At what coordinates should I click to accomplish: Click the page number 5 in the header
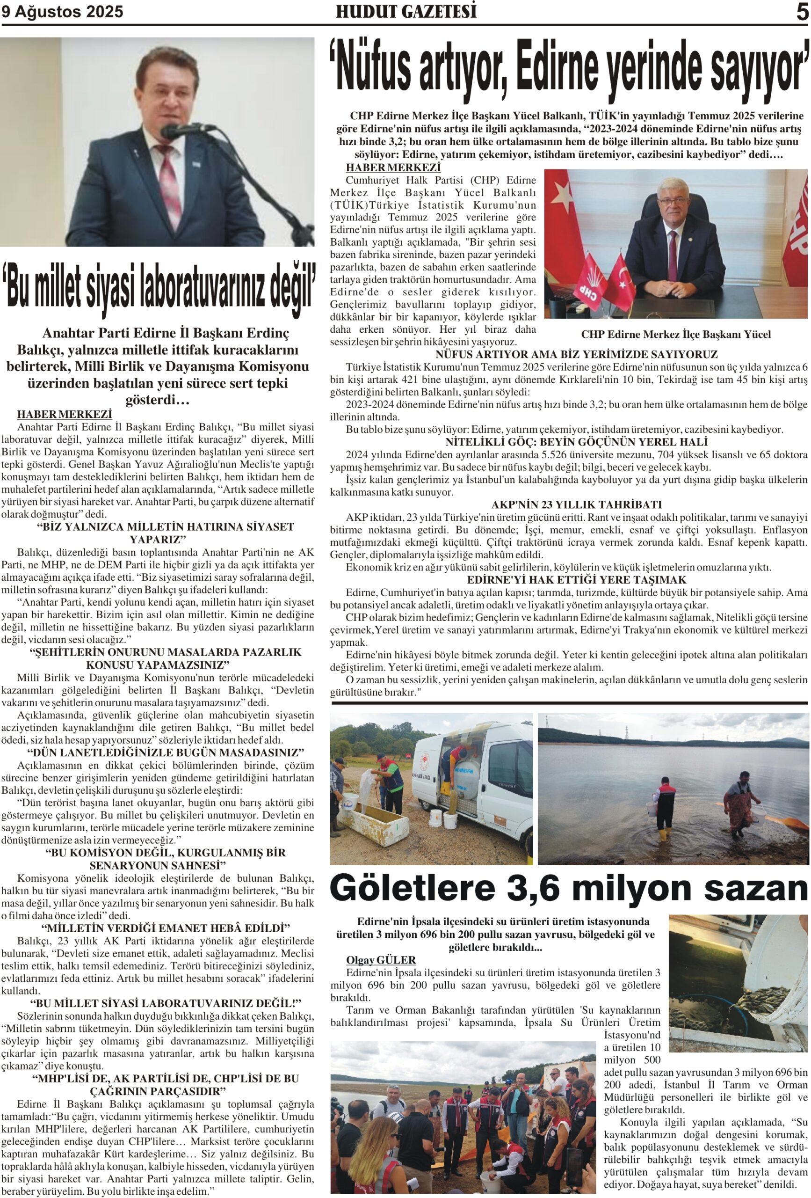(802, 12)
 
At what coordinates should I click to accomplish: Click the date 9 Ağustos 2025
(62, 12)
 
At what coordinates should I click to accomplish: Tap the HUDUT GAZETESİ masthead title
(406, 11)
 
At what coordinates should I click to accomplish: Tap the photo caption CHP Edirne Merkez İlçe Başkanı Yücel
(675, 335)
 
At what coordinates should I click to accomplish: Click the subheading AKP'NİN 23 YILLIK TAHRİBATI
(576, 504)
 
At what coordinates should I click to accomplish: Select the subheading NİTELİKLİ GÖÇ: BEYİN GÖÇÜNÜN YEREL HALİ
(576, 442)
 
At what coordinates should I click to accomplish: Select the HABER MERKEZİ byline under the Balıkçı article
(65, 415)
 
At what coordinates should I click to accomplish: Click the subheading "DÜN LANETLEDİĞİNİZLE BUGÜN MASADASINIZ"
(166, 752)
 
